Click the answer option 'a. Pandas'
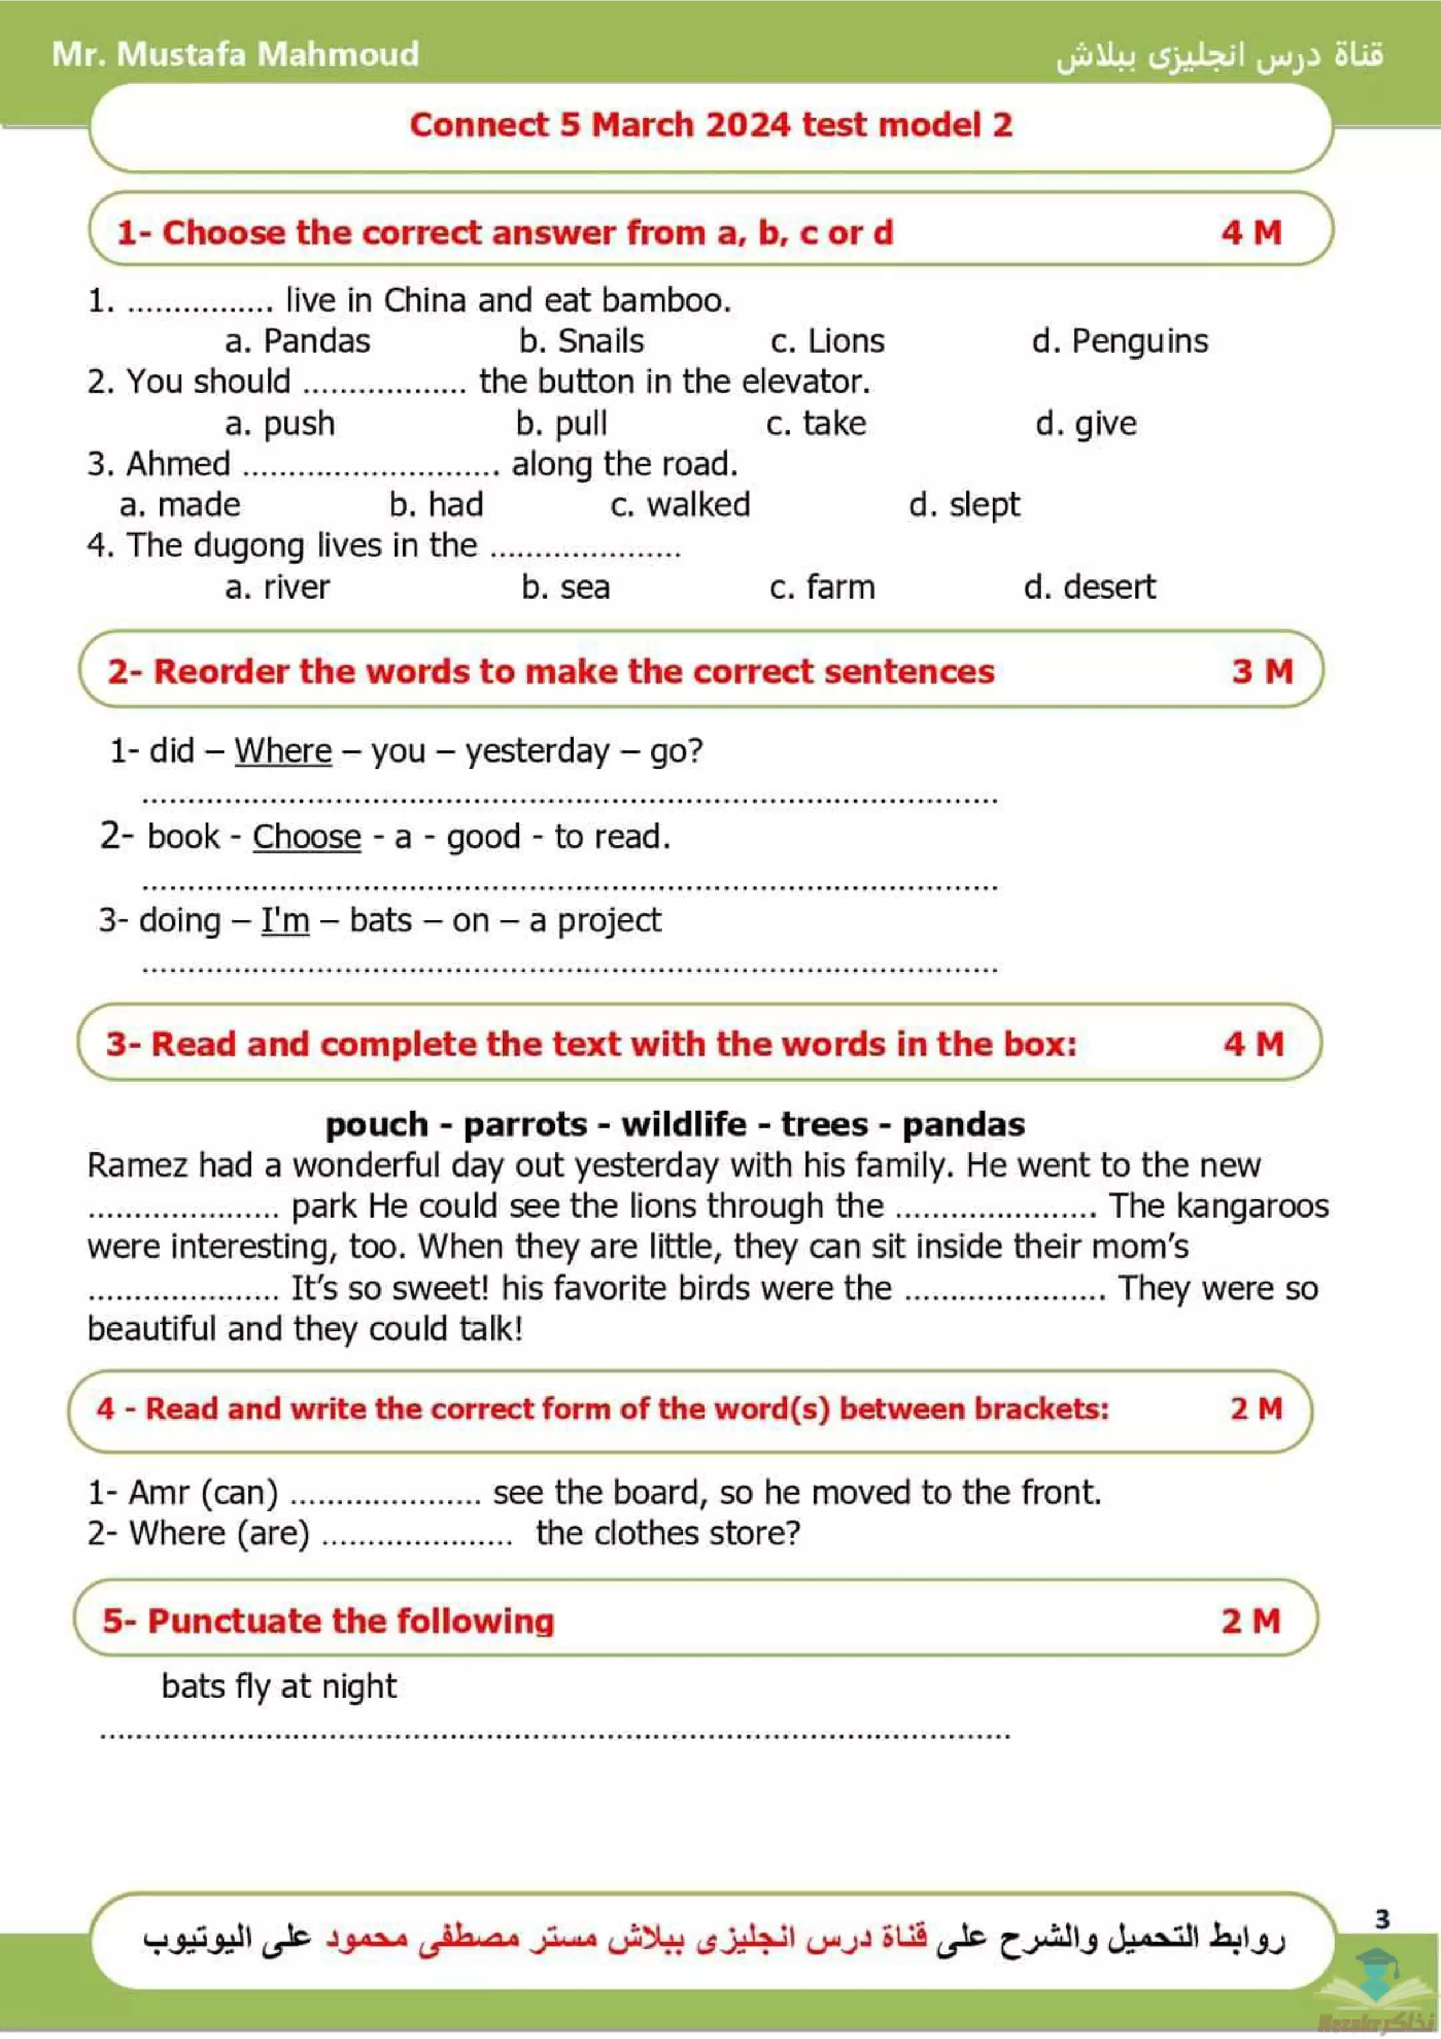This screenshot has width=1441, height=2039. (x=298, y=341)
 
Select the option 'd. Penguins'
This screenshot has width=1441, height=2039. (x=1120, y=341)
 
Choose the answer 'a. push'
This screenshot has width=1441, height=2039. (x=280, y=424)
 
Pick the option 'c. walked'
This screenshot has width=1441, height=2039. (x=680, y=505)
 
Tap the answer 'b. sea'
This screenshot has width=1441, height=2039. (x=566, y=587)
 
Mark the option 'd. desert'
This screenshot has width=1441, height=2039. (x=1089, y=587)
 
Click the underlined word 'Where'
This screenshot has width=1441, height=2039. (x=283, y=750)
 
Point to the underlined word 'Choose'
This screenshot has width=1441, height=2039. (x=307, y=836)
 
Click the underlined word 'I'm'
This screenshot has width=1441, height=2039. (x=285, y=920)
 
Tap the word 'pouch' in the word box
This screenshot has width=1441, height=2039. (x=377, y=1124)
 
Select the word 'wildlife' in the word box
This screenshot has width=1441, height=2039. (x=684, y=1124)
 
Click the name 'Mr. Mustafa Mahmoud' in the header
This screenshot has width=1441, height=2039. (x=235, y=54)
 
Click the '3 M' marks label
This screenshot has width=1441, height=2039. (x=1261, y=671)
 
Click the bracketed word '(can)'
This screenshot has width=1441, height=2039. (x=239, y=1493)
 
